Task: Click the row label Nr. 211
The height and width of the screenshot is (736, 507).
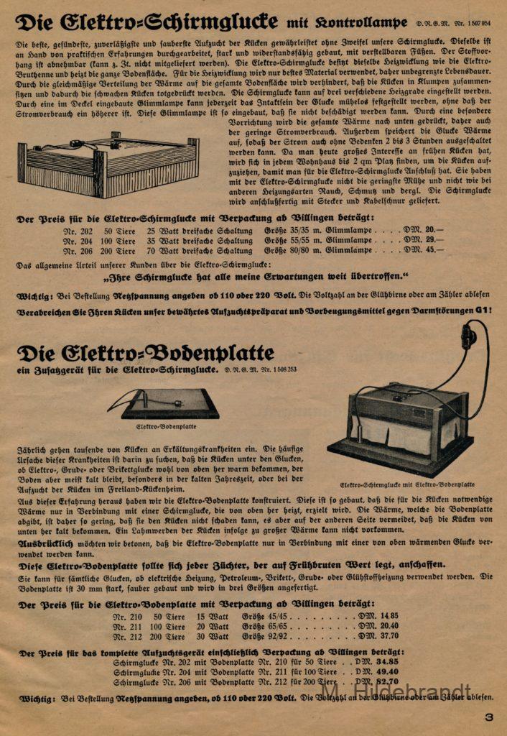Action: click(x=127, y=626)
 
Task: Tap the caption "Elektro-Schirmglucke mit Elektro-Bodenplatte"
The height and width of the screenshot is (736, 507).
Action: click(x=407, y=484)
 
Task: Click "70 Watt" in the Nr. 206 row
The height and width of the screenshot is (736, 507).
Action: click(x=161, y=252)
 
